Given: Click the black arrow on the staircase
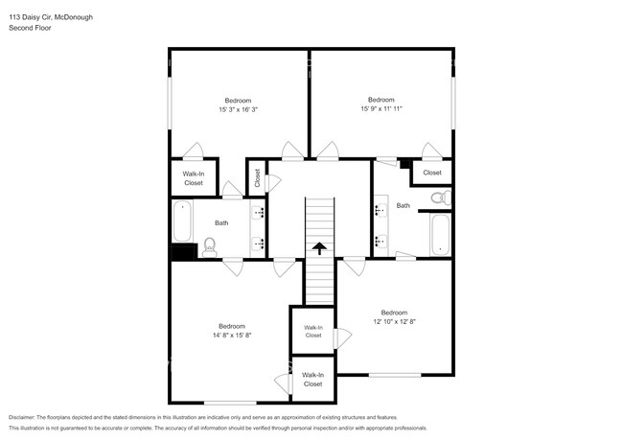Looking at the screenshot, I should coord(317,248).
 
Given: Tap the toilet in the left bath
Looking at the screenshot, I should coord(210,246).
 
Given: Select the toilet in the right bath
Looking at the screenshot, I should coord(440,198).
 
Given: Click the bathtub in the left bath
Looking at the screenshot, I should coord(182,220).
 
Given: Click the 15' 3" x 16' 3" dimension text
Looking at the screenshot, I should coord(238,109).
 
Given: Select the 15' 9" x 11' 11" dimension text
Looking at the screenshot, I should coord(381,108).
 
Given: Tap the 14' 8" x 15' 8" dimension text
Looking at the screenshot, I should coord(231,335).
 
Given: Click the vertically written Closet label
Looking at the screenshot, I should coord(257,177).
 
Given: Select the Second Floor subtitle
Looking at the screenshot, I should coord(30,29).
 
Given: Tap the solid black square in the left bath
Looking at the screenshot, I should coord(183,251).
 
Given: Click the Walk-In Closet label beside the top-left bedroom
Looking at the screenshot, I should coord(194,177).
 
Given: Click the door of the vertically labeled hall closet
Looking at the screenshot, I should coord(273,181).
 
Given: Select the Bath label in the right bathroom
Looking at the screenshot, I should coord(404,205).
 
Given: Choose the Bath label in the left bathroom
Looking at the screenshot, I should coord(221,222).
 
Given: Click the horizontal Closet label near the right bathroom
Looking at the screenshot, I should coord(432,173).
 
